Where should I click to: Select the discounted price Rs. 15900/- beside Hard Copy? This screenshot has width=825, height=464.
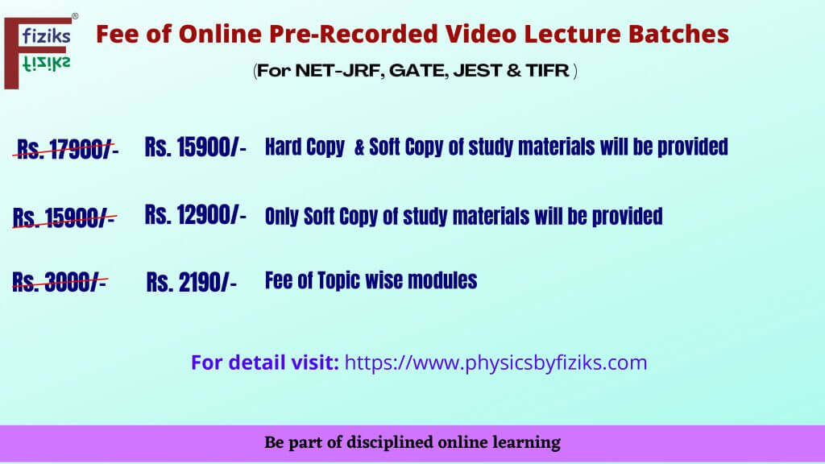pyautogui.click(x=195, y=147)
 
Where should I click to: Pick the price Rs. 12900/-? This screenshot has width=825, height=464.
pyautogui.click(x=195, y=215)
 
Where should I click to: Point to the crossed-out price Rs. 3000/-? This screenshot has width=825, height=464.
pyautogui.click(x=60, y=283)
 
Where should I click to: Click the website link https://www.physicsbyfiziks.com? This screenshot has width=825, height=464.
pyautogui.click(x=495, y=362)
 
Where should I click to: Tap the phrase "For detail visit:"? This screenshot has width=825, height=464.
pyautogui.click(x=265, y=362)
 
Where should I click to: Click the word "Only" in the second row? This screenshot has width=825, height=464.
pyautogui.click(x=282, y=216)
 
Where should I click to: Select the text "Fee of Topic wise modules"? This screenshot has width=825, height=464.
pyautogui.click(x=371, y=280)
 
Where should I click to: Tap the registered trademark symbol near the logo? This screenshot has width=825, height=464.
pyautogui.click(x=75, y=16)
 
